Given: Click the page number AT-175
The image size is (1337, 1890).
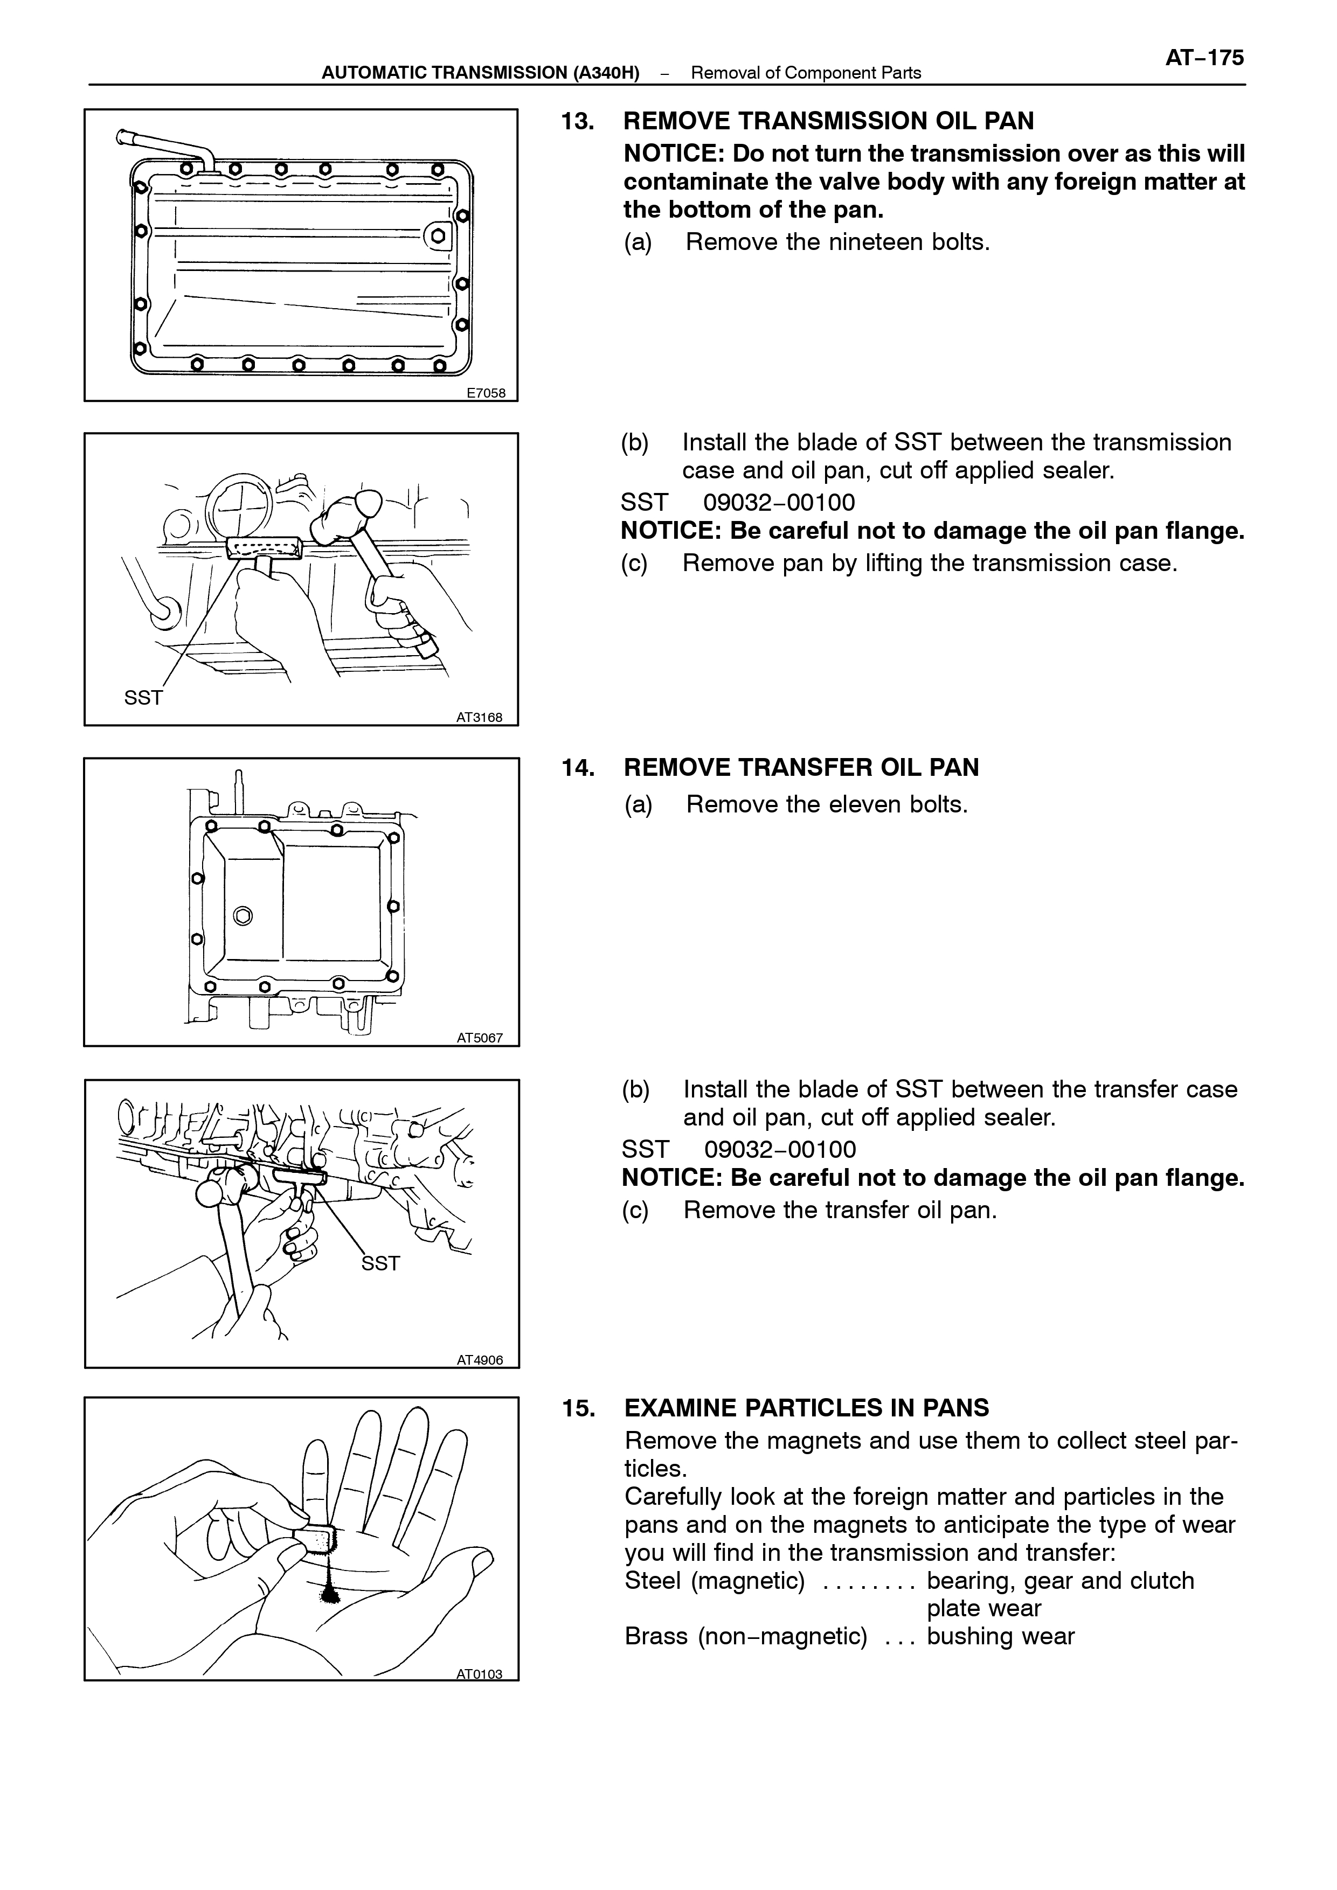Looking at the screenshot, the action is click(x=1204, y=58).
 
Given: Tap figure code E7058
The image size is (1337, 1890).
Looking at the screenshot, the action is click(x=486, y=393).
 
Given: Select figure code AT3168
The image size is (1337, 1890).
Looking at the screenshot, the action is click(x=479, y=717).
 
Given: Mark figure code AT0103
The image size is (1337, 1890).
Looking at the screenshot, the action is click(x=479, y=1673).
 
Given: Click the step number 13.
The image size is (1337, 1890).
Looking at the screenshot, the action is click(x=578, y=121).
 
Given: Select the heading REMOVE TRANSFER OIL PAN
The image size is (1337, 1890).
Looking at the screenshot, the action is click(x=801, y=767).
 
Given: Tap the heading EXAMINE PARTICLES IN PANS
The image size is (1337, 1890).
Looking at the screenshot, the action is click(x=807, y=1408).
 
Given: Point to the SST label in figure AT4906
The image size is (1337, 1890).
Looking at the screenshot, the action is click(x=380, y=1263).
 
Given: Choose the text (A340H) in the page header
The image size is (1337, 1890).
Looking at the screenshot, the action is click(x=606, y=72).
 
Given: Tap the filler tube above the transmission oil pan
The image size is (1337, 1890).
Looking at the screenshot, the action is click(x=165, y=147).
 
